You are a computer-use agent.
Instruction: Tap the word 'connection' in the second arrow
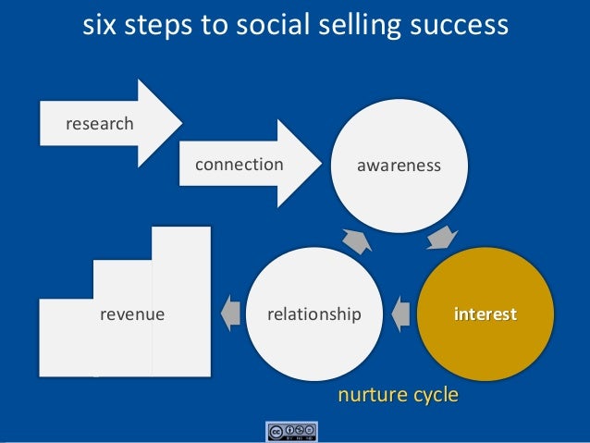[239, 165]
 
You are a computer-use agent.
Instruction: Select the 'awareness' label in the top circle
[399, 166]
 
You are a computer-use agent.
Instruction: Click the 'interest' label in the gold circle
[485, 314]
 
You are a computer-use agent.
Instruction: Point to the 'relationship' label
[313, 314]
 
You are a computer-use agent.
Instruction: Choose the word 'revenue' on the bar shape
[132, 314]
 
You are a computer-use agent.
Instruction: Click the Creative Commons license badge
[291, 431]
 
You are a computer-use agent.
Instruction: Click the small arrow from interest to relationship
[400, 314]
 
